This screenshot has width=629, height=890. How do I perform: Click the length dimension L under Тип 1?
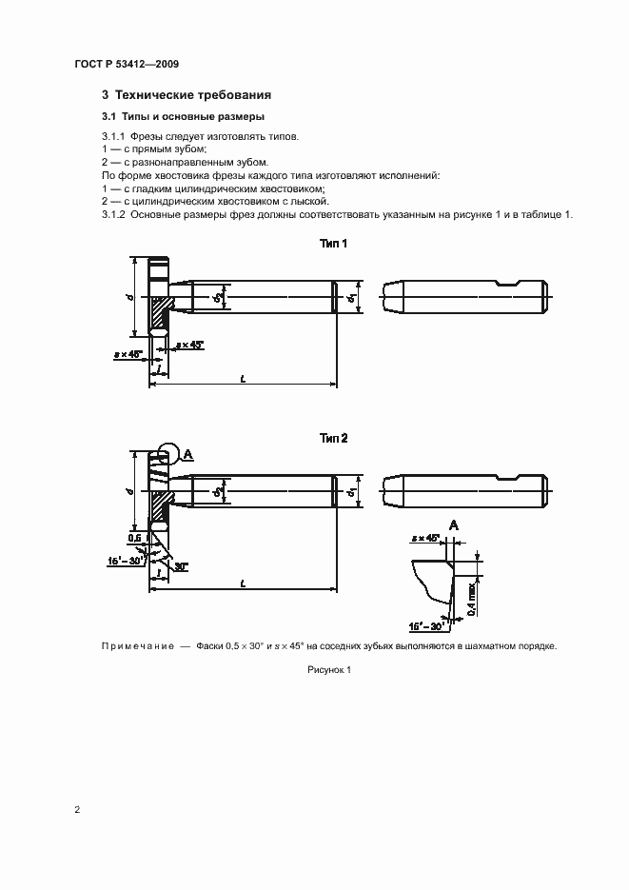pos(244,379)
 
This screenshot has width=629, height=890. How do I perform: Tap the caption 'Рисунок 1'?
pos(329,670)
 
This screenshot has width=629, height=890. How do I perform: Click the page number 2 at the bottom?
pos(77,809)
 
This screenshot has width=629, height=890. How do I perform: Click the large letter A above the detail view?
pos(453,524)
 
